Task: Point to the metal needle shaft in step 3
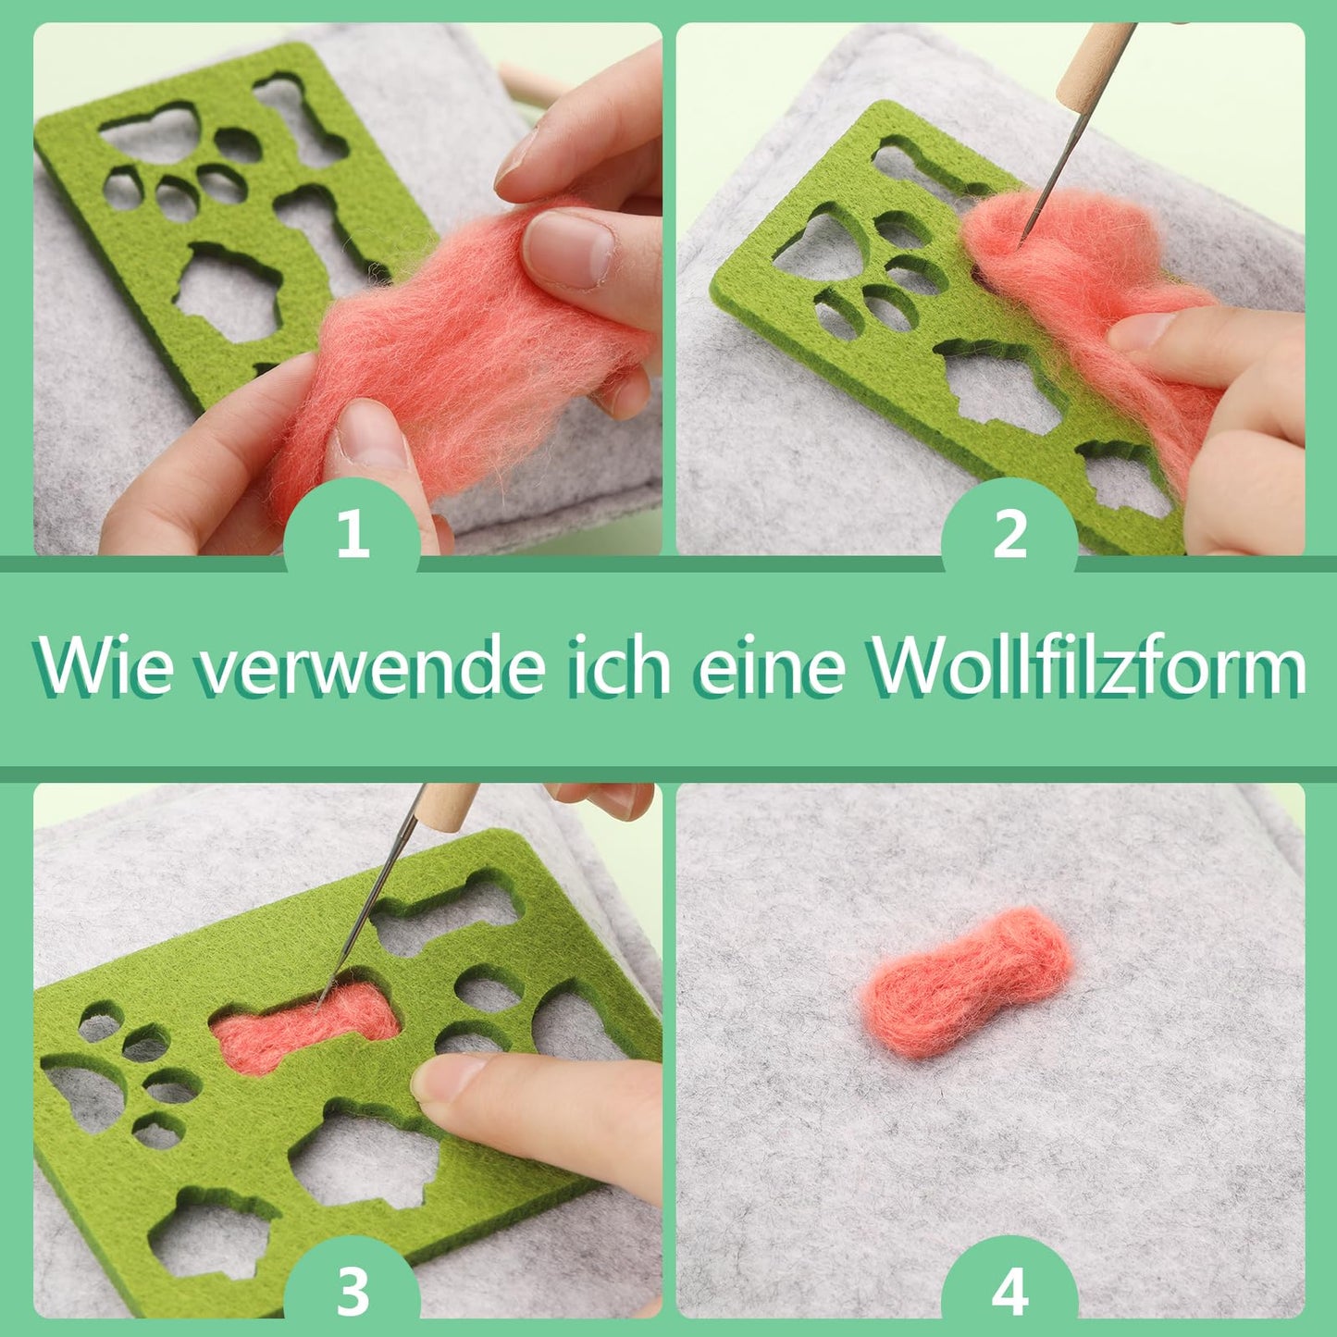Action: [367, 909]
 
